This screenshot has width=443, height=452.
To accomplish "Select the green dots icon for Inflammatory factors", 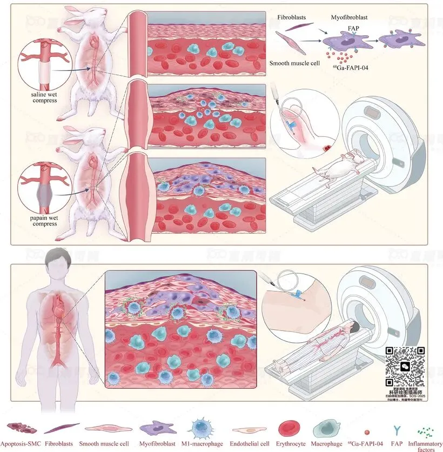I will click(427, 431).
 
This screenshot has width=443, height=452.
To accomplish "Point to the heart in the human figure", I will click(59, 311).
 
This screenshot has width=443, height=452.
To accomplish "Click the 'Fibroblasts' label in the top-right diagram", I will click(292, 17).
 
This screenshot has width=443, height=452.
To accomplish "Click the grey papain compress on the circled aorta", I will click(38, 192).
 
